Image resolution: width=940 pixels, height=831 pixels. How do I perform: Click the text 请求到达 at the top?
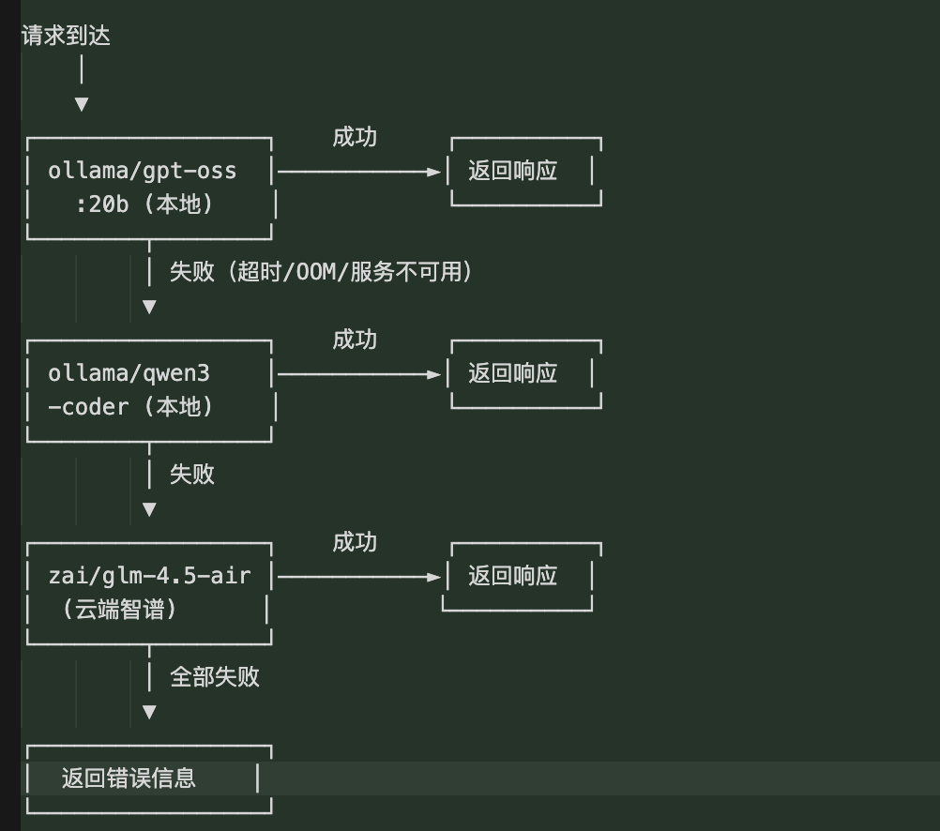pyautogui.click(x=66, y=37)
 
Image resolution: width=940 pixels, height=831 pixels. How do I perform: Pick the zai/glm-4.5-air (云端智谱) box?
pyautogui.click(x=149, y=593)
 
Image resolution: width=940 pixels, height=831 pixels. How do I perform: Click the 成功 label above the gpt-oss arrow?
pyautogui.click(x=355, y=137)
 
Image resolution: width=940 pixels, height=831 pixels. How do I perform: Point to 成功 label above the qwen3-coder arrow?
pyautogui.click(x=355, y=340)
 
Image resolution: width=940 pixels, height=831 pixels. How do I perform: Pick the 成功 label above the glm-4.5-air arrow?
pyautogui.click(x=355, y=542)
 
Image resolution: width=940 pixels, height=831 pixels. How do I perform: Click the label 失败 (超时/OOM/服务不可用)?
pyautogui.click(x=321, y=272)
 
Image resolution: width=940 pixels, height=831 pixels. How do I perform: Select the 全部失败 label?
pyautogui.click(x=215, y=677)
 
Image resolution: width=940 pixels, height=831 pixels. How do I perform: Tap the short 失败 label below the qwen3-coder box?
pyautogui.click(x=192, y=475)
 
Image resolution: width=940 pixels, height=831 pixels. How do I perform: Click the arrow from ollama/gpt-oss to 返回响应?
pyautogui.click(x=358, y=172)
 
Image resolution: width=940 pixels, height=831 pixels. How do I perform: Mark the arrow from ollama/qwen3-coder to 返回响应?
pyautogui.click(x=358, y=374)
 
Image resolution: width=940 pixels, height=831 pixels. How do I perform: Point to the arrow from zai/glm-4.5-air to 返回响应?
pyautogui.click(x=358, y=577)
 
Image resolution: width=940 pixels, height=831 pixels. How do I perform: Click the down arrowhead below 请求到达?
pyautogui.click(x=82, y=104)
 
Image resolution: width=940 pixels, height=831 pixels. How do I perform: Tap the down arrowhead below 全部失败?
pyautogui.click(x=149, y=712)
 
